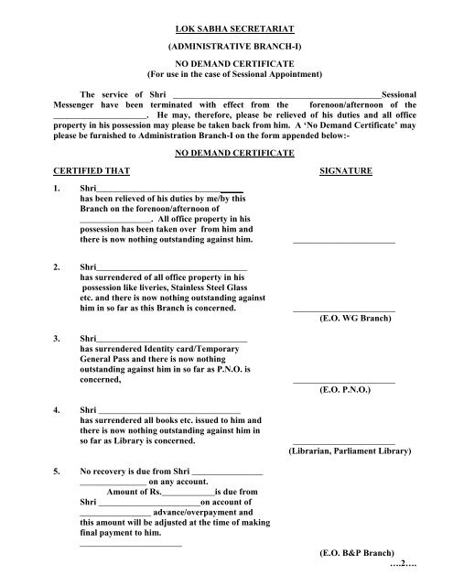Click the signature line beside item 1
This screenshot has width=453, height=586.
point(344,243)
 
